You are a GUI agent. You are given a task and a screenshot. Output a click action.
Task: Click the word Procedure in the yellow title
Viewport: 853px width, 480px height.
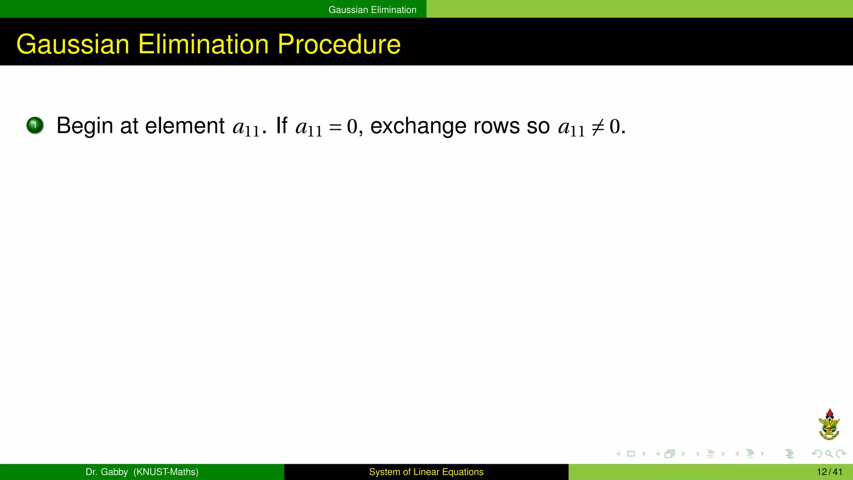coord(339,44)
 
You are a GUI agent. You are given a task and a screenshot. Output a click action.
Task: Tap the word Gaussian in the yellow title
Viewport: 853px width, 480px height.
coord(73,44)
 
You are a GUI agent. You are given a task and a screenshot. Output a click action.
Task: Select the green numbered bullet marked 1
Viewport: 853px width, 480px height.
coord(35,125)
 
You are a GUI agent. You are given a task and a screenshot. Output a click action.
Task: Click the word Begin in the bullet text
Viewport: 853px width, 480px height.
coord(85,126)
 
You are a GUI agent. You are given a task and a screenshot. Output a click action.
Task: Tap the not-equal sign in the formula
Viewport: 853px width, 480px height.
coord(597,127)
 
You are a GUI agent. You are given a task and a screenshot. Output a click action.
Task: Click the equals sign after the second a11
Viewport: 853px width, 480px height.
coord(335,127)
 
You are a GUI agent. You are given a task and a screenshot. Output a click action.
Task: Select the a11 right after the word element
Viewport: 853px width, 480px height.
coord(246,127)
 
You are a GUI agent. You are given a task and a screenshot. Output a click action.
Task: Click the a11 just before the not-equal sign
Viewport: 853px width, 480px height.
coord(571,127)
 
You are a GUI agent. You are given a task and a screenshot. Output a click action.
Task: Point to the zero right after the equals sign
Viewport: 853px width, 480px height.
coord(352,126)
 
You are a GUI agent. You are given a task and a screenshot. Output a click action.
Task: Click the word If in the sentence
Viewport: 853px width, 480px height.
coord(282,125)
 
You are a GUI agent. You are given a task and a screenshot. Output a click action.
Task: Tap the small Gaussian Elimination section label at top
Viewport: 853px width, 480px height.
coord(372,10)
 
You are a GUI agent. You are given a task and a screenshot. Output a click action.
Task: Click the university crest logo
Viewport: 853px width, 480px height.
coord(829,425)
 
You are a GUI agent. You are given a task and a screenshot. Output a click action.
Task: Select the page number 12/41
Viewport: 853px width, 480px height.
coord(829,472)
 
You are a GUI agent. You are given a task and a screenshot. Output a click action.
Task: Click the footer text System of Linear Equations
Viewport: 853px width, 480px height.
coord(426,472)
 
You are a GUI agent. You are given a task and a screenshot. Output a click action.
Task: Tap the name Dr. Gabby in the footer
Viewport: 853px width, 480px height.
coord(107,472)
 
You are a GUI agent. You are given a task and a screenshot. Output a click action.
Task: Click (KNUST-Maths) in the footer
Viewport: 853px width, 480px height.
coord(166,472)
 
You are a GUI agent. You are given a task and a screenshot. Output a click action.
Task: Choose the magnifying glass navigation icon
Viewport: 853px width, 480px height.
coord(829,454)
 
